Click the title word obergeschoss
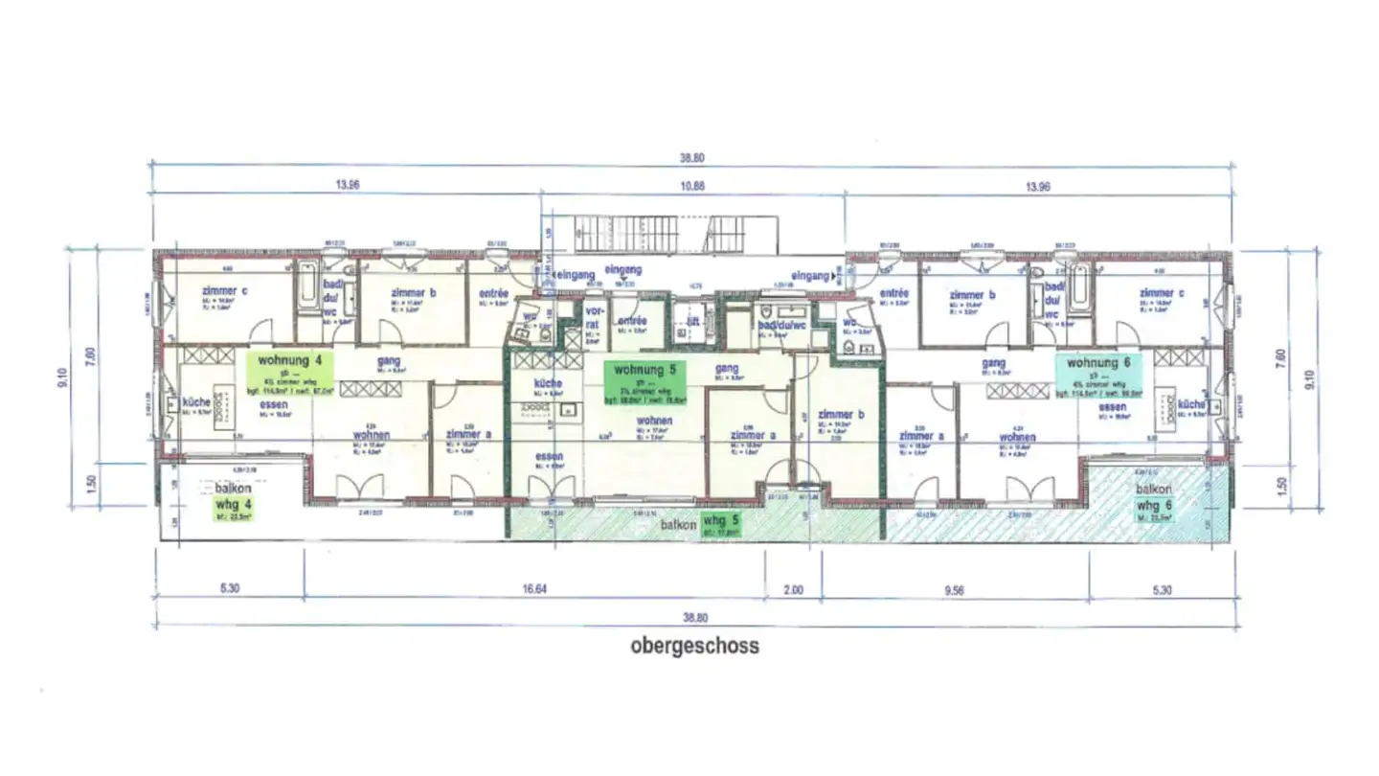(694, 646)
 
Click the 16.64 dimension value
(534, 590)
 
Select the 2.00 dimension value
(794, 590)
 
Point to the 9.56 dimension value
(953, 590)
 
